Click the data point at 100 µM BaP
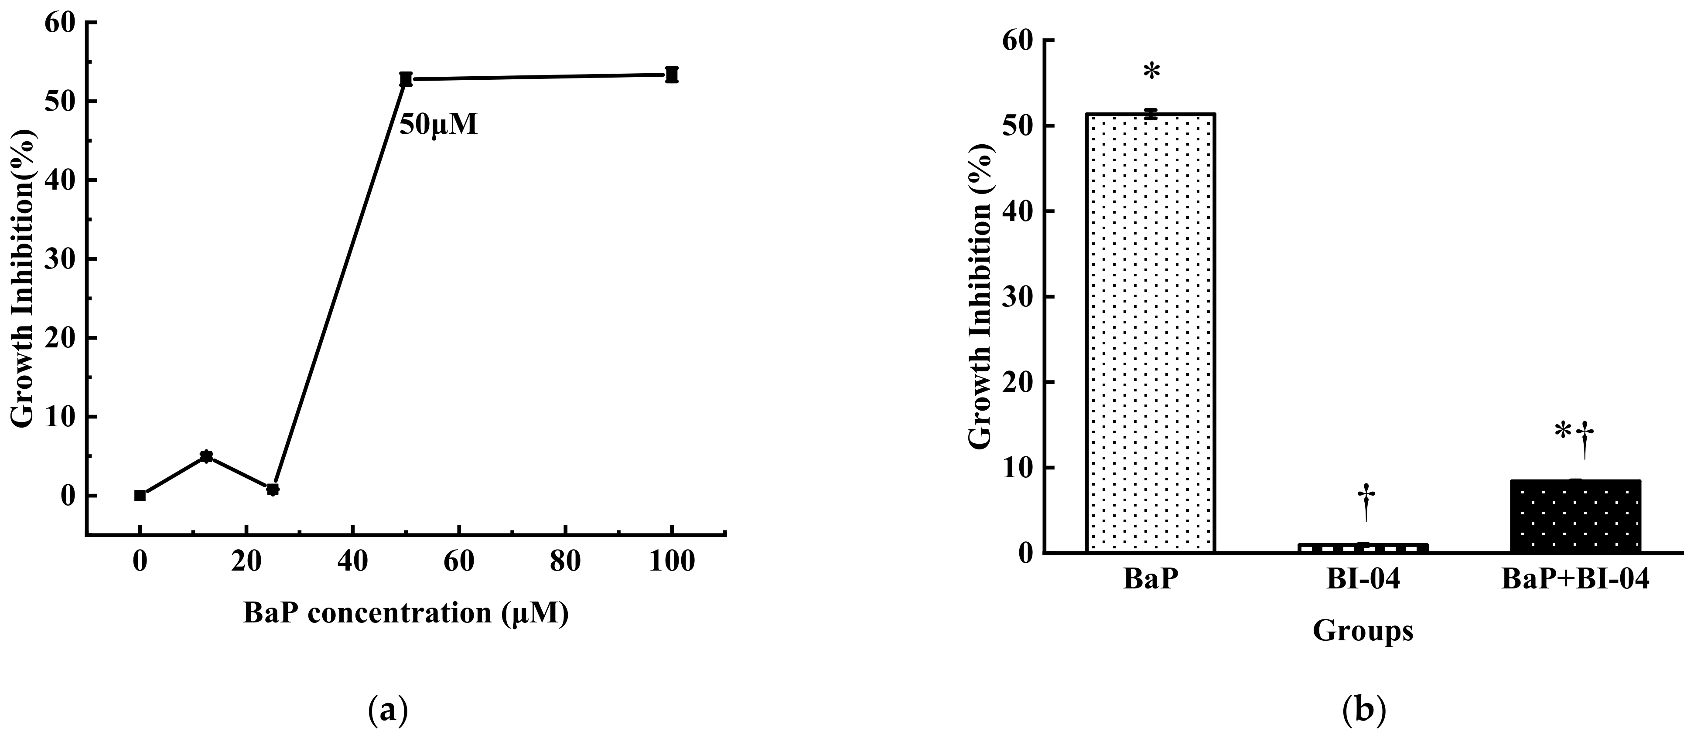coord(671,74)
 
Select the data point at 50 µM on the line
coord(406,79)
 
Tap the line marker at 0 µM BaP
coord(140,495)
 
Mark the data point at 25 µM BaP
coord(273,489)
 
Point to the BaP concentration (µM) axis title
coord(405,613)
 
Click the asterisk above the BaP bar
coord(1151,73)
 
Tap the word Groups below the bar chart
coord(1363,631)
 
